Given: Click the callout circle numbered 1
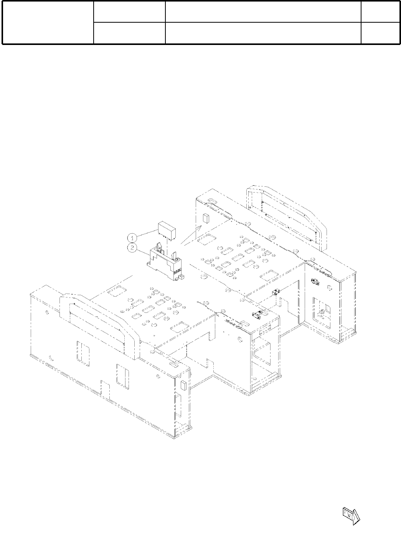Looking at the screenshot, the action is (132, 238).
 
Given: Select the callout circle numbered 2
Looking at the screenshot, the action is (132, 248).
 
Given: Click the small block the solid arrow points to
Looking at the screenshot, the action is (206, 218).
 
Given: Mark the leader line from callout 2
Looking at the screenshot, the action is (143, 251).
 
